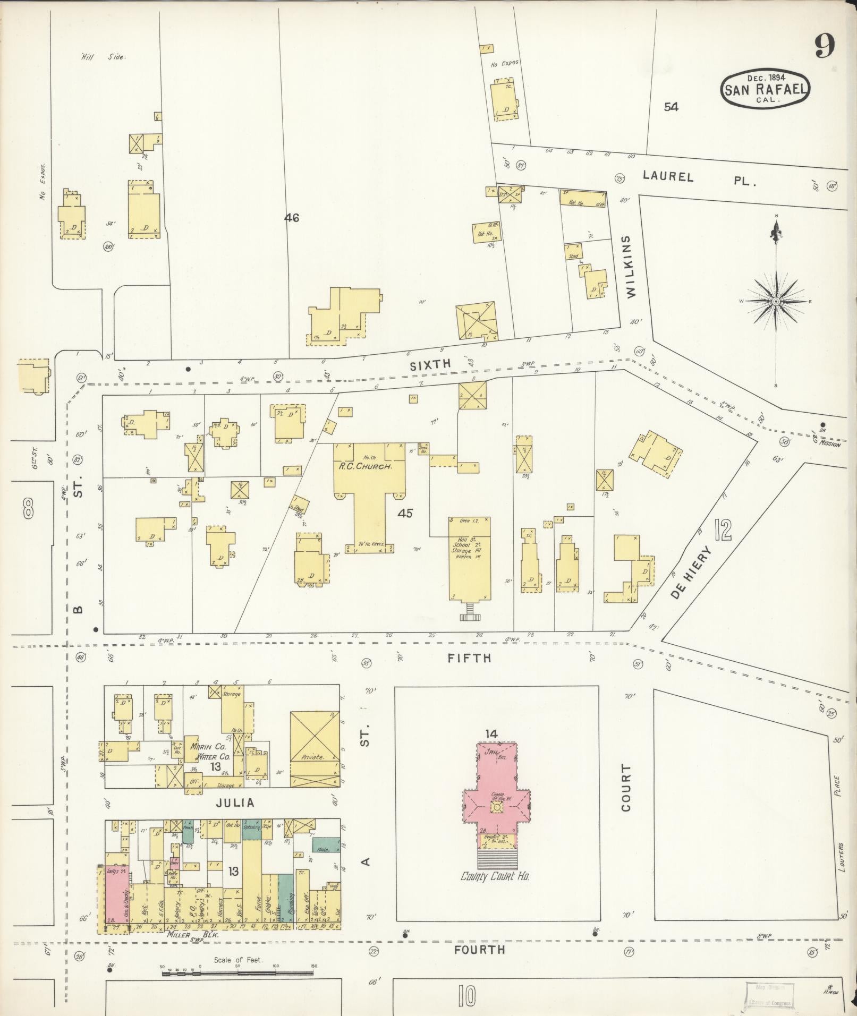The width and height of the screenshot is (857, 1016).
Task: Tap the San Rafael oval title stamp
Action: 765,89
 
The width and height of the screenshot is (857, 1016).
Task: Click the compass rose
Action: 775,301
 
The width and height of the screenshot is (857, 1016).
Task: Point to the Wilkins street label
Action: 630,267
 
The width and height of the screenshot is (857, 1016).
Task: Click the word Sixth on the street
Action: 430,364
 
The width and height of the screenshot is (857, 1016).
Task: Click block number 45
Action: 407,513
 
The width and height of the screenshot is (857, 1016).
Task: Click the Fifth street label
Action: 469,658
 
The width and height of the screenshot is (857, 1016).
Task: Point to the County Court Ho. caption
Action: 495,876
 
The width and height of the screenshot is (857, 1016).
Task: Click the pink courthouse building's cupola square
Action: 496,822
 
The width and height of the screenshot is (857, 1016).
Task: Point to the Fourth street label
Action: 480,949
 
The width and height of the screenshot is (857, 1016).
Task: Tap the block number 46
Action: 292,217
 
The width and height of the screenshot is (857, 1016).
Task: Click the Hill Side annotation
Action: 103,57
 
